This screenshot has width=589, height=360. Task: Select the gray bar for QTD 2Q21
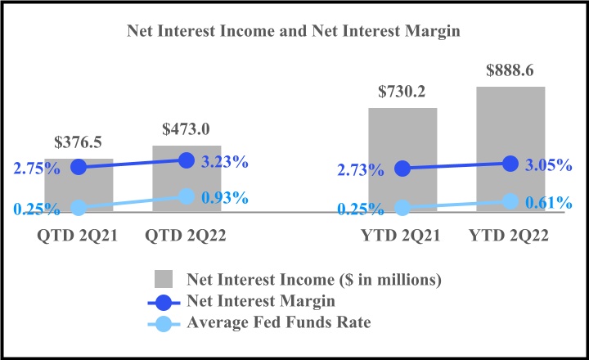point(79,187)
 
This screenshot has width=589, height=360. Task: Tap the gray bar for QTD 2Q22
point(187,180)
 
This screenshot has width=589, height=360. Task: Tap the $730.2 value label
point(402,92)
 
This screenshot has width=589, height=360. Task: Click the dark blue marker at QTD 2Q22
point(187,160)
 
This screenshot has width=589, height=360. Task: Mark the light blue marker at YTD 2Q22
point(510,201)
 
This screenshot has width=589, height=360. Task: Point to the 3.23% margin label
point(224,161)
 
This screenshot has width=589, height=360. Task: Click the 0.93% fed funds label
point(224,199)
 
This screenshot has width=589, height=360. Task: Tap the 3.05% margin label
point(547,164)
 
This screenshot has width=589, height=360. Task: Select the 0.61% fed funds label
point(547,203)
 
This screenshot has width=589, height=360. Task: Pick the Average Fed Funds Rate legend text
point(279,322)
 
